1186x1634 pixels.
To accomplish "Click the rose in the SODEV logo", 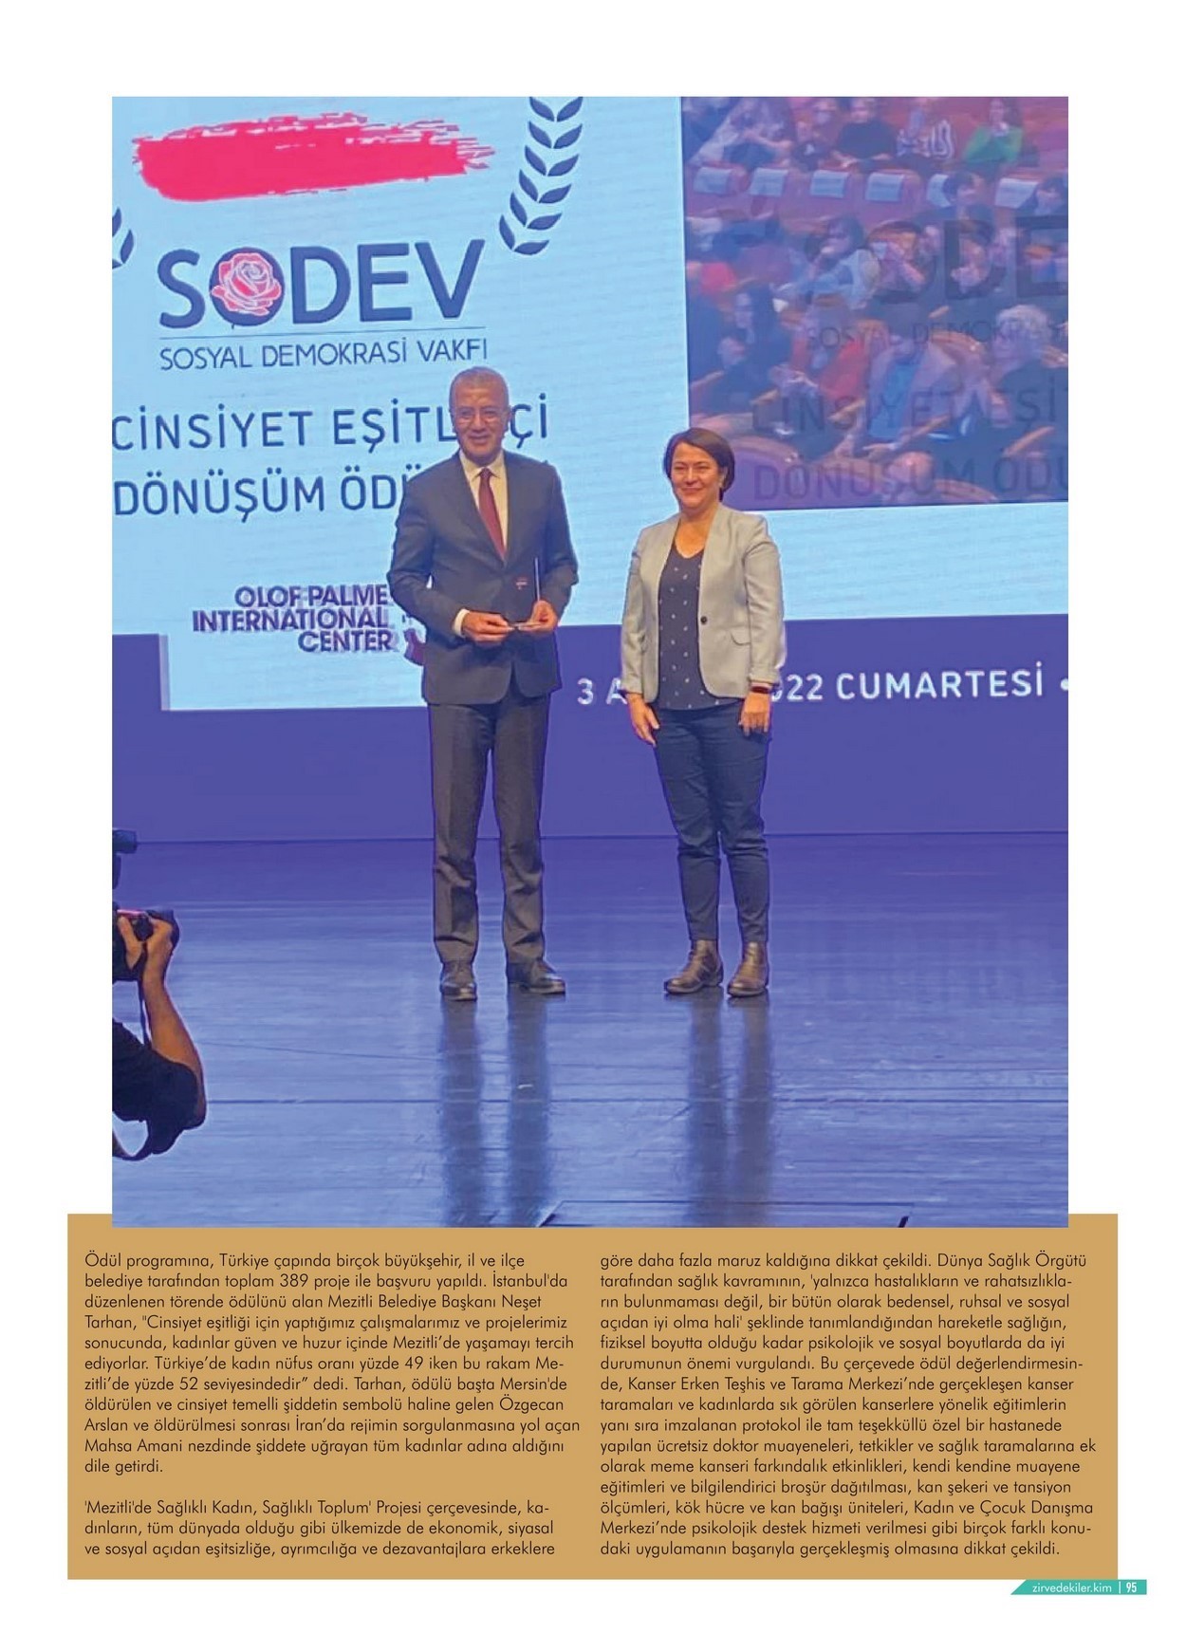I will (244, 283).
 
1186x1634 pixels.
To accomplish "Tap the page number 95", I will (1132, 1587).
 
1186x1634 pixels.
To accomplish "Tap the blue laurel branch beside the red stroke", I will (541, 180).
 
